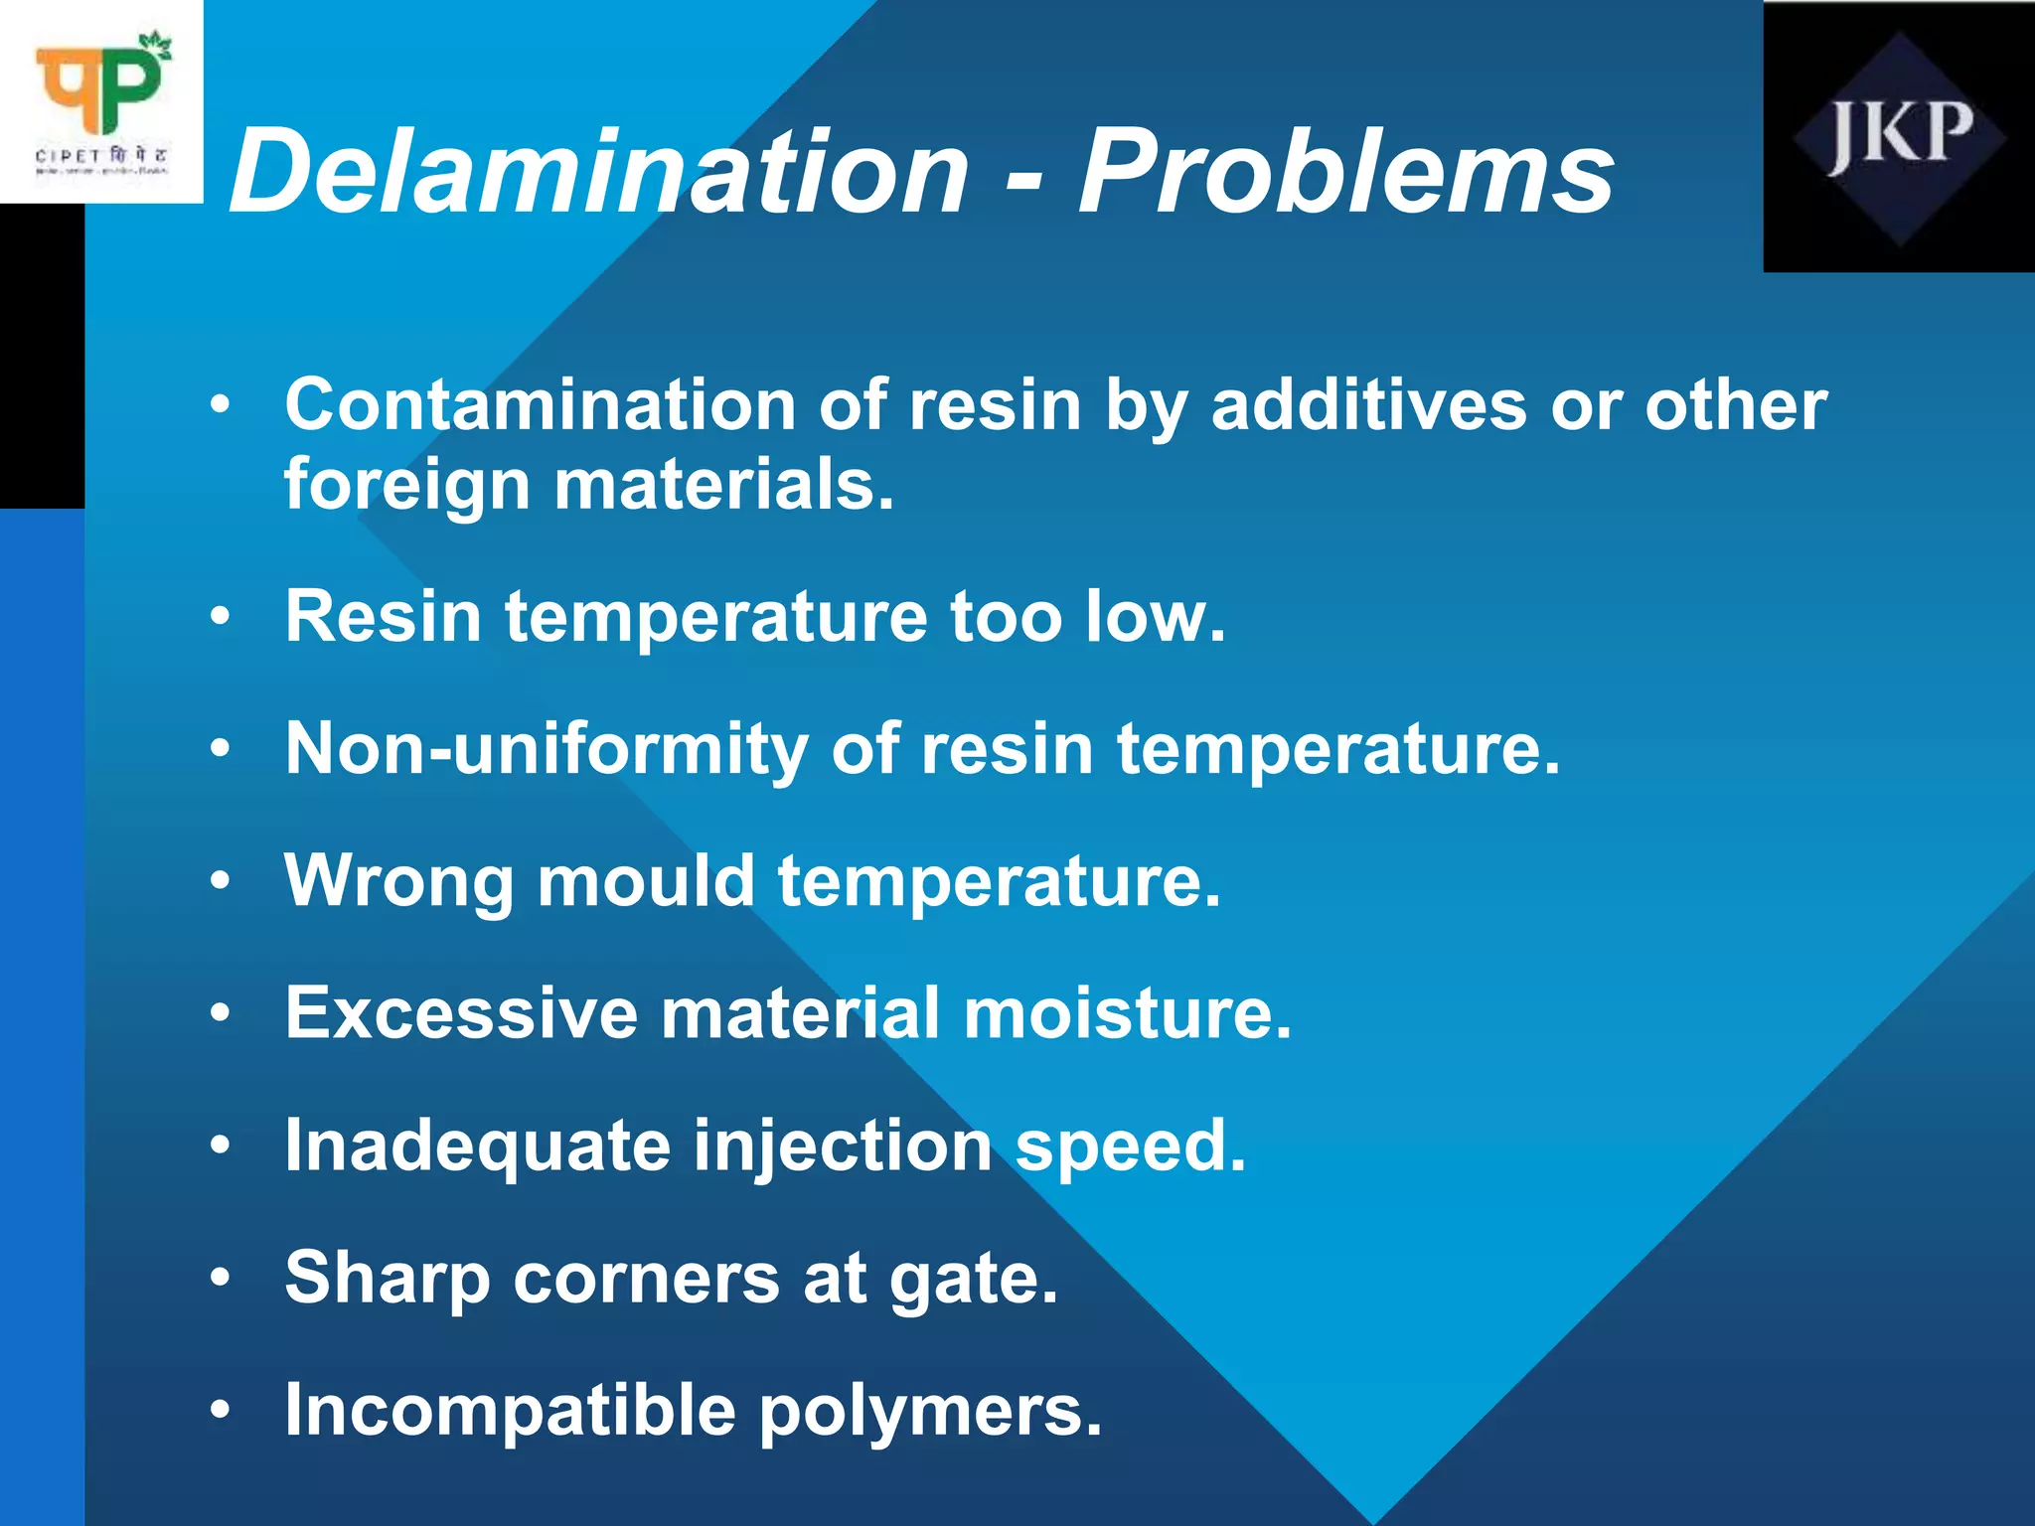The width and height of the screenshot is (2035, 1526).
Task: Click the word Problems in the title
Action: point(1346,171)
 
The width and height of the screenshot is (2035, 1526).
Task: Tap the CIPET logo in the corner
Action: point(101,101)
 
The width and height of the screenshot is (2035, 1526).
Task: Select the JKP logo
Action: point(1899,136)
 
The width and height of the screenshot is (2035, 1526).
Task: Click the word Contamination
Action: point(540,405)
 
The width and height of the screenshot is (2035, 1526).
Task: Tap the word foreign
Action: point(407,485)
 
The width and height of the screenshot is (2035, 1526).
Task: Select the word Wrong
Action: point(398,881)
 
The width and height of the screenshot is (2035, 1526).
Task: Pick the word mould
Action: point(646,881)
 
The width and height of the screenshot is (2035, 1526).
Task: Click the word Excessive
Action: point(461,1013)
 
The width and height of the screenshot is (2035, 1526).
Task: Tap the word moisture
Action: point(1127,1013)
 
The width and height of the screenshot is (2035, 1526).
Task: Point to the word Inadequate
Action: point(477,1146)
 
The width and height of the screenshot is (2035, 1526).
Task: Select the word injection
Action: point(843,1146)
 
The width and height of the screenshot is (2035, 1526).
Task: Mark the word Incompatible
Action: point(510,1410)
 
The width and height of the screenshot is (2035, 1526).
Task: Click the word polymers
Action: point(930,1410)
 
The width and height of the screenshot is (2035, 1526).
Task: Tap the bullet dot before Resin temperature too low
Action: point(221,617)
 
